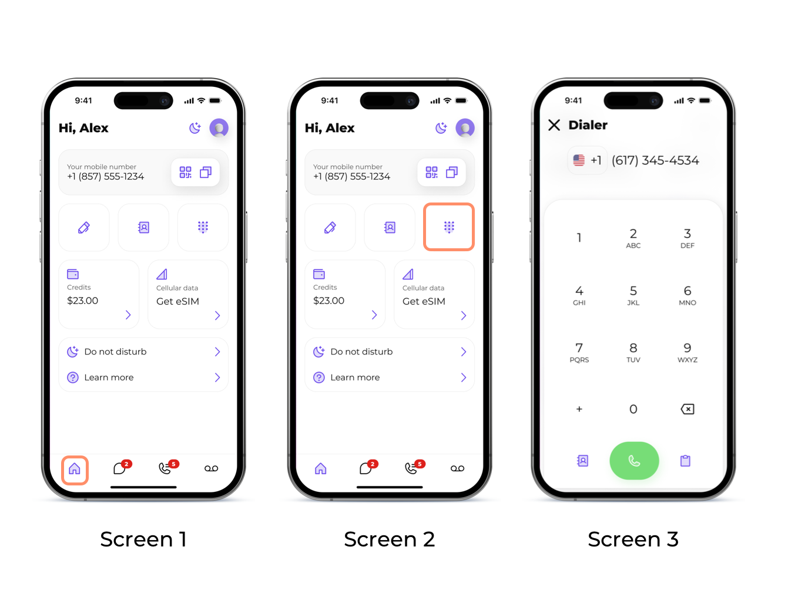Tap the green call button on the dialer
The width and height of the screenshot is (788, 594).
(633, 460)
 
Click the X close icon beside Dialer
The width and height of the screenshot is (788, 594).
(554, 125)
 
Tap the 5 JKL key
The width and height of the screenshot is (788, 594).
(633, 295)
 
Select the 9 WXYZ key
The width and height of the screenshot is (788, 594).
(687, 352)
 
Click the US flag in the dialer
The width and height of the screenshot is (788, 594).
(578, 160)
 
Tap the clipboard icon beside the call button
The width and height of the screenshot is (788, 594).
(685, 460)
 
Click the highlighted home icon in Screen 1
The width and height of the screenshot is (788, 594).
(74, 468)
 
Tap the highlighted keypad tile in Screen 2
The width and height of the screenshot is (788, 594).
(449, 227)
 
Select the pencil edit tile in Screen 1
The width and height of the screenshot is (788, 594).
(84, 227)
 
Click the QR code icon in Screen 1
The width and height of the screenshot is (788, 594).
(185, 172)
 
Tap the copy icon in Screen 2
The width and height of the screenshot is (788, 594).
(452, 172)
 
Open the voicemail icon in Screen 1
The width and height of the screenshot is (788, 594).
(211, 468)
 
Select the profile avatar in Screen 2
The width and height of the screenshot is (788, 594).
(465, 127)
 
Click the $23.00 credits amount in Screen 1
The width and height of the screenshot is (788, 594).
(83, 301)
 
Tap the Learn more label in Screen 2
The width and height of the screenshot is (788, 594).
(355, 377)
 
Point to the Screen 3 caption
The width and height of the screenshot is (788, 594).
(633, 539)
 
